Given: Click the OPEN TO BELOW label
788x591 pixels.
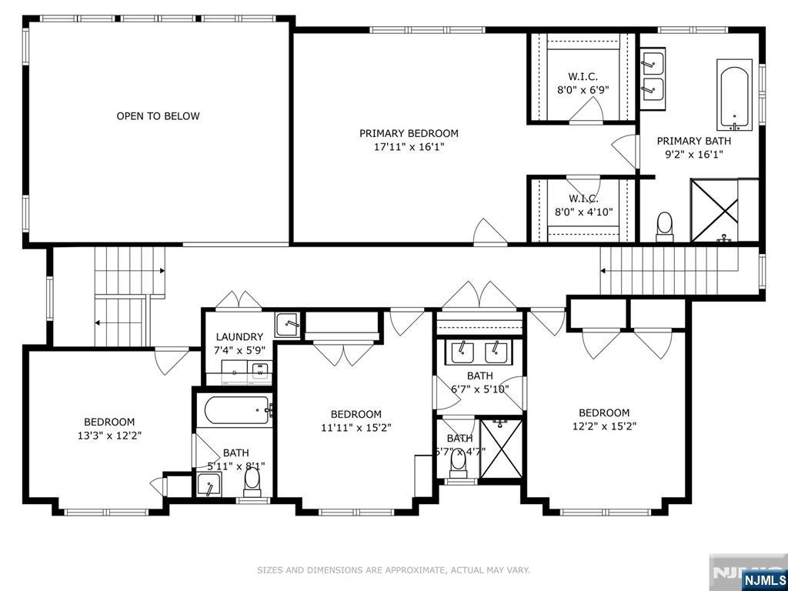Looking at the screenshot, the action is [x=158, y=116].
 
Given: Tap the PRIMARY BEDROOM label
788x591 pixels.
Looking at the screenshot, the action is [x=409, y=134].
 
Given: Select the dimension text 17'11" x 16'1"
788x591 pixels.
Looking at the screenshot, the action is [x=408, y=148].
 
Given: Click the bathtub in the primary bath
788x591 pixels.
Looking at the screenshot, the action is [x=734, y=95].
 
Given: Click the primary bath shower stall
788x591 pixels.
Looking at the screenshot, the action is [x=714, y=211].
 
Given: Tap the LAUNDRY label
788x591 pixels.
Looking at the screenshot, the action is [x=239, y=337].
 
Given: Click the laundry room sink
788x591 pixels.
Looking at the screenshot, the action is [x=287, y=324].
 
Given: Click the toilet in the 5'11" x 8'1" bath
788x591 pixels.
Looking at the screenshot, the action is [x=252, y=482].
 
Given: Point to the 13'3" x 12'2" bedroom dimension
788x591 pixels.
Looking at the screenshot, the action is [x=109, y=436].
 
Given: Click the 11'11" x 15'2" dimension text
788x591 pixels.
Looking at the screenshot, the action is [x=356, y=428].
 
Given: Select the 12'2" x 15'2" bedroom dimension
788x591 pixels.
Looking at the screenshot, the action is [x=604, y=426].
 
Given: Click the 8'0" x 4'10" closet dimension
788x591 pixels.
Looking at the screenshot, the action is [x=583, y=212].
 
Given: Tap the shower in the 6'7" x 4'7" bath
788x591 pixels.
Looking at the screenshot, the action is [x=502, y=449].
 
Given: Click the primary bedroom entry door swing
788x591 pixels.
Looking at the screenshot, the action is [x=490, y=232].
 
